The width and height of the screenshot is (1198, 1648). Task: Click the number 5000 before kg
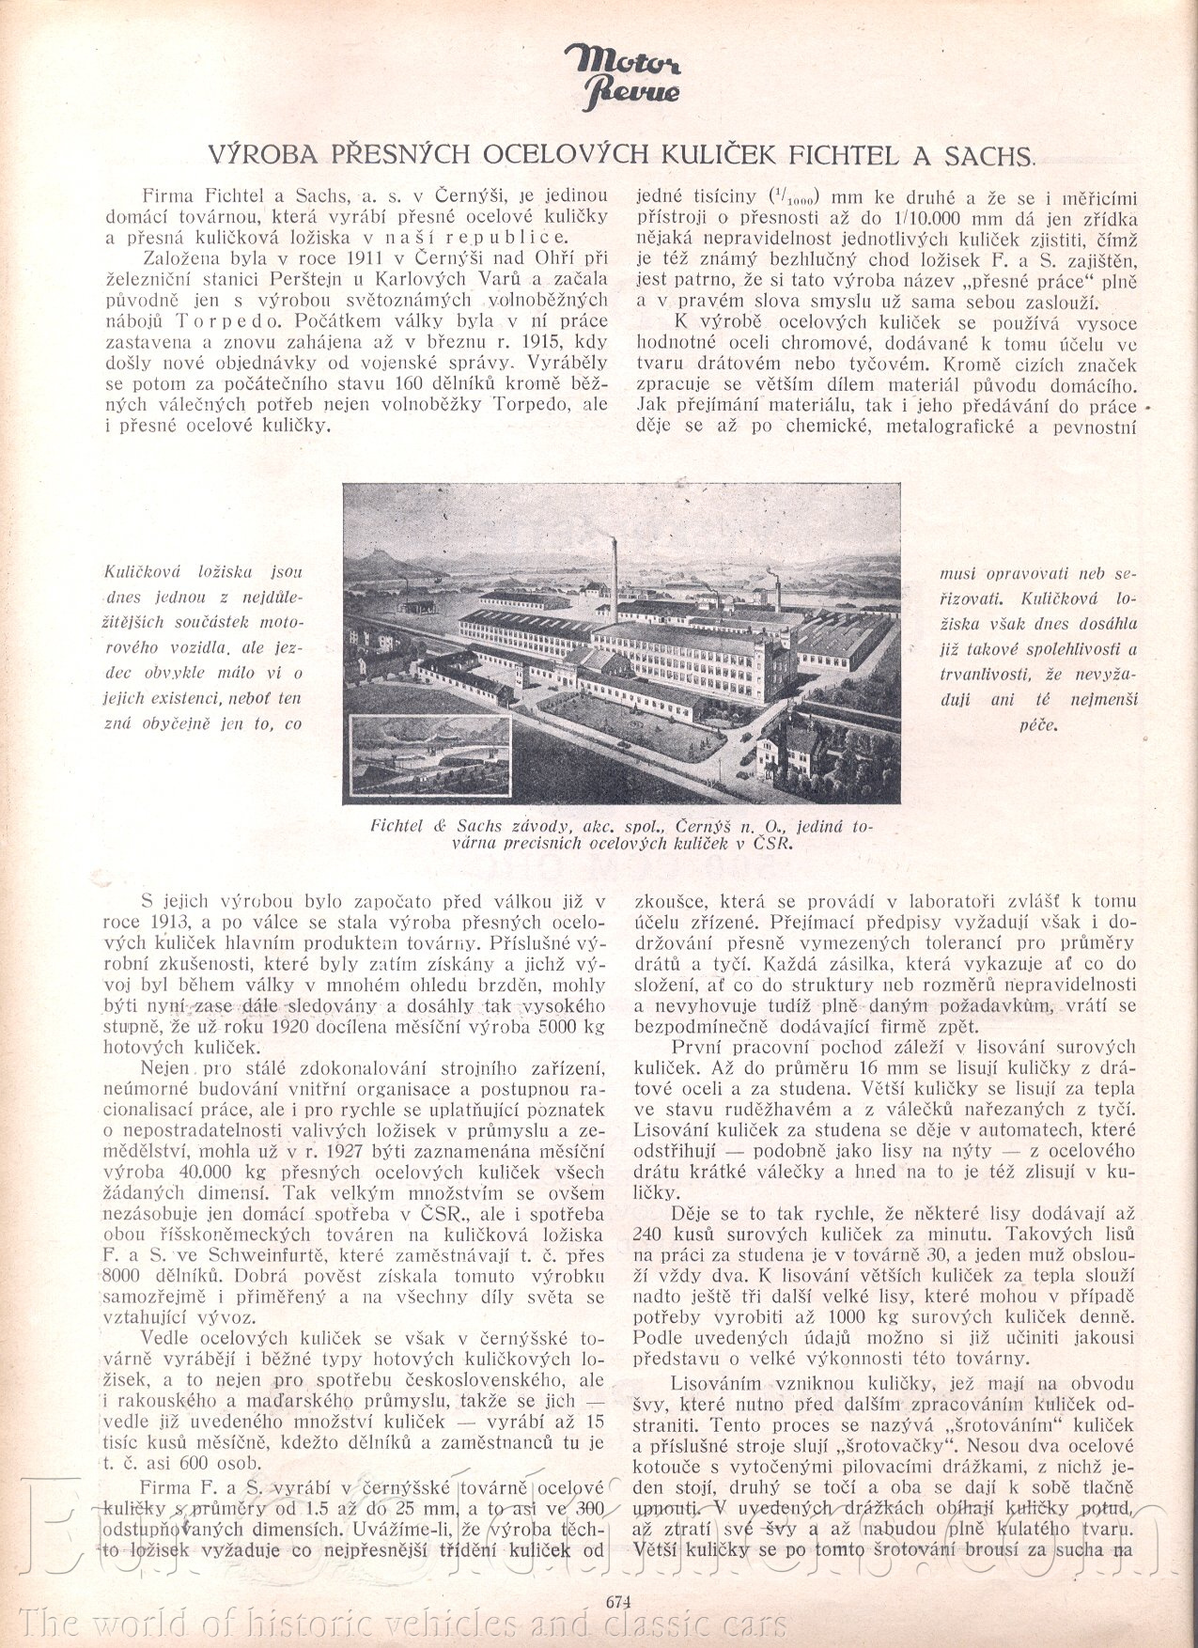coord(539,1026)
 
